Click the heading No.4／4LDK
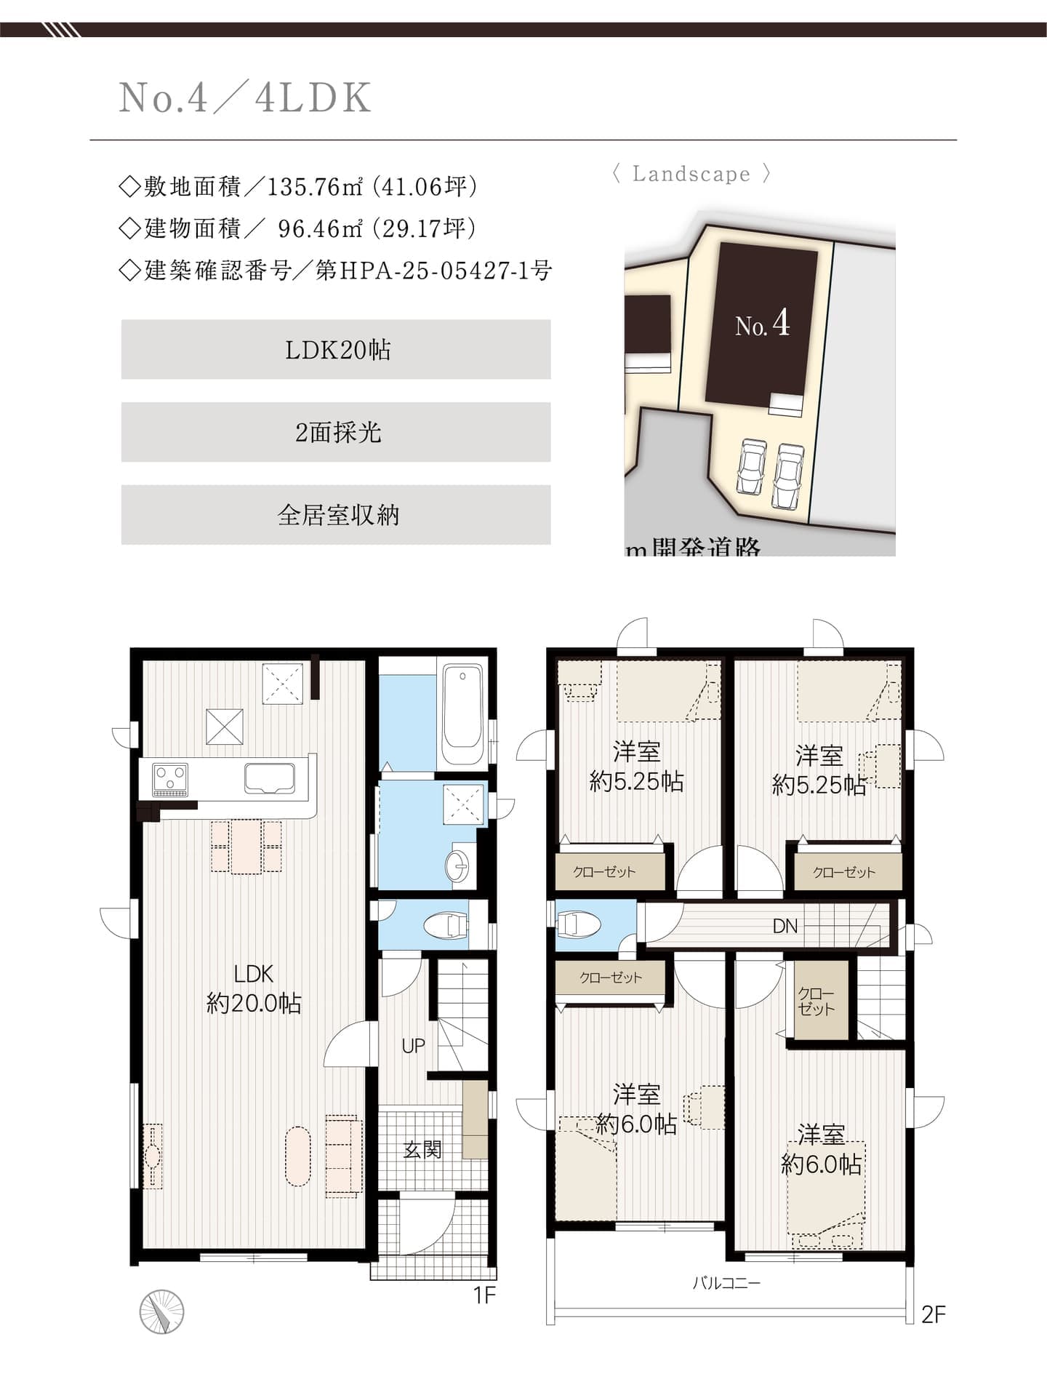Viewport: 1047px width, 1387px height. coord(245,97)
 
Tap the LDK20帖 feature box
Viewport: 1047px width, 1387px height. coord(336,350)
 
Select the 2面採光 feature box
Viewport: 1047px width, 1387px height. coord(336,433)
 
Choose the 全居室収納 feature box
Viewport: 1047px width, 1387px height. coord(336,515)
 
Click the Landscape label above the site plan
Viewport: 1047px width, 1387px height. coord(691,175)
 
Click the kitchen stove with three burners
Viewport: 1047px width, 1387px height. coord(170,779)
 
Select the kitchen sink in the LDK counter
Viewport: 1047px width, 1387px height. coord(270,778)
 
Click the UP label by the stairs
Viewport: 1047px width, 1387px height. coord(413,1046)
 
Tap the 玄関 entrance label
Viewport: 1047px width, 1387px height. coord(422,1150)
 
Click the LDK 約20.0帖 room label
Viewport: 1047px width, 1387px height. coord(254,988)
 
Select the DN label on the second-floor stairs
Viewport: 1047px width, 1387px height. coord(785,927)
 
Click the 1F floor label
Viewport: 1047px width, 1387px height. coord(484,1295)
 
